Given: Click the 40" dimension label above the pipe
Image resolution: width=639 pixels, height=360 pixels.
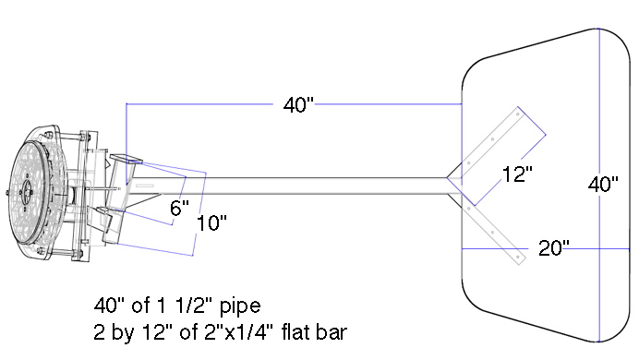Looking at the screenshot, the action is (298, 104).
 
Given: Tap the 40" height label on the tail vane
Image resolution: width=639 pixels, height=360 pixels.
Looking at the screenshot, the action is (603, 185).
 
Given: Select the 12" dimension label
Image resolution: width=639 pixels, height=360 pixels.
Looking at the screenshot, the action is (517, 174).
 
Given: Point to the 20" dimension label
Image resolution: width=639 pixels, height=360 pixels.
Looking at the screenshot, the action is (554, 248).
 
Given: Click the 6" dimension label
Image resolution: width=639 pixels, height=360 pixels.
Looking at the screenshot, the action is (179, 208).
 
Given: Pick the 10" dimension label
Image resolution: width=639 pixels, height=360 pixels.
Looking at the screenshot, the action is (211, 223).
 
